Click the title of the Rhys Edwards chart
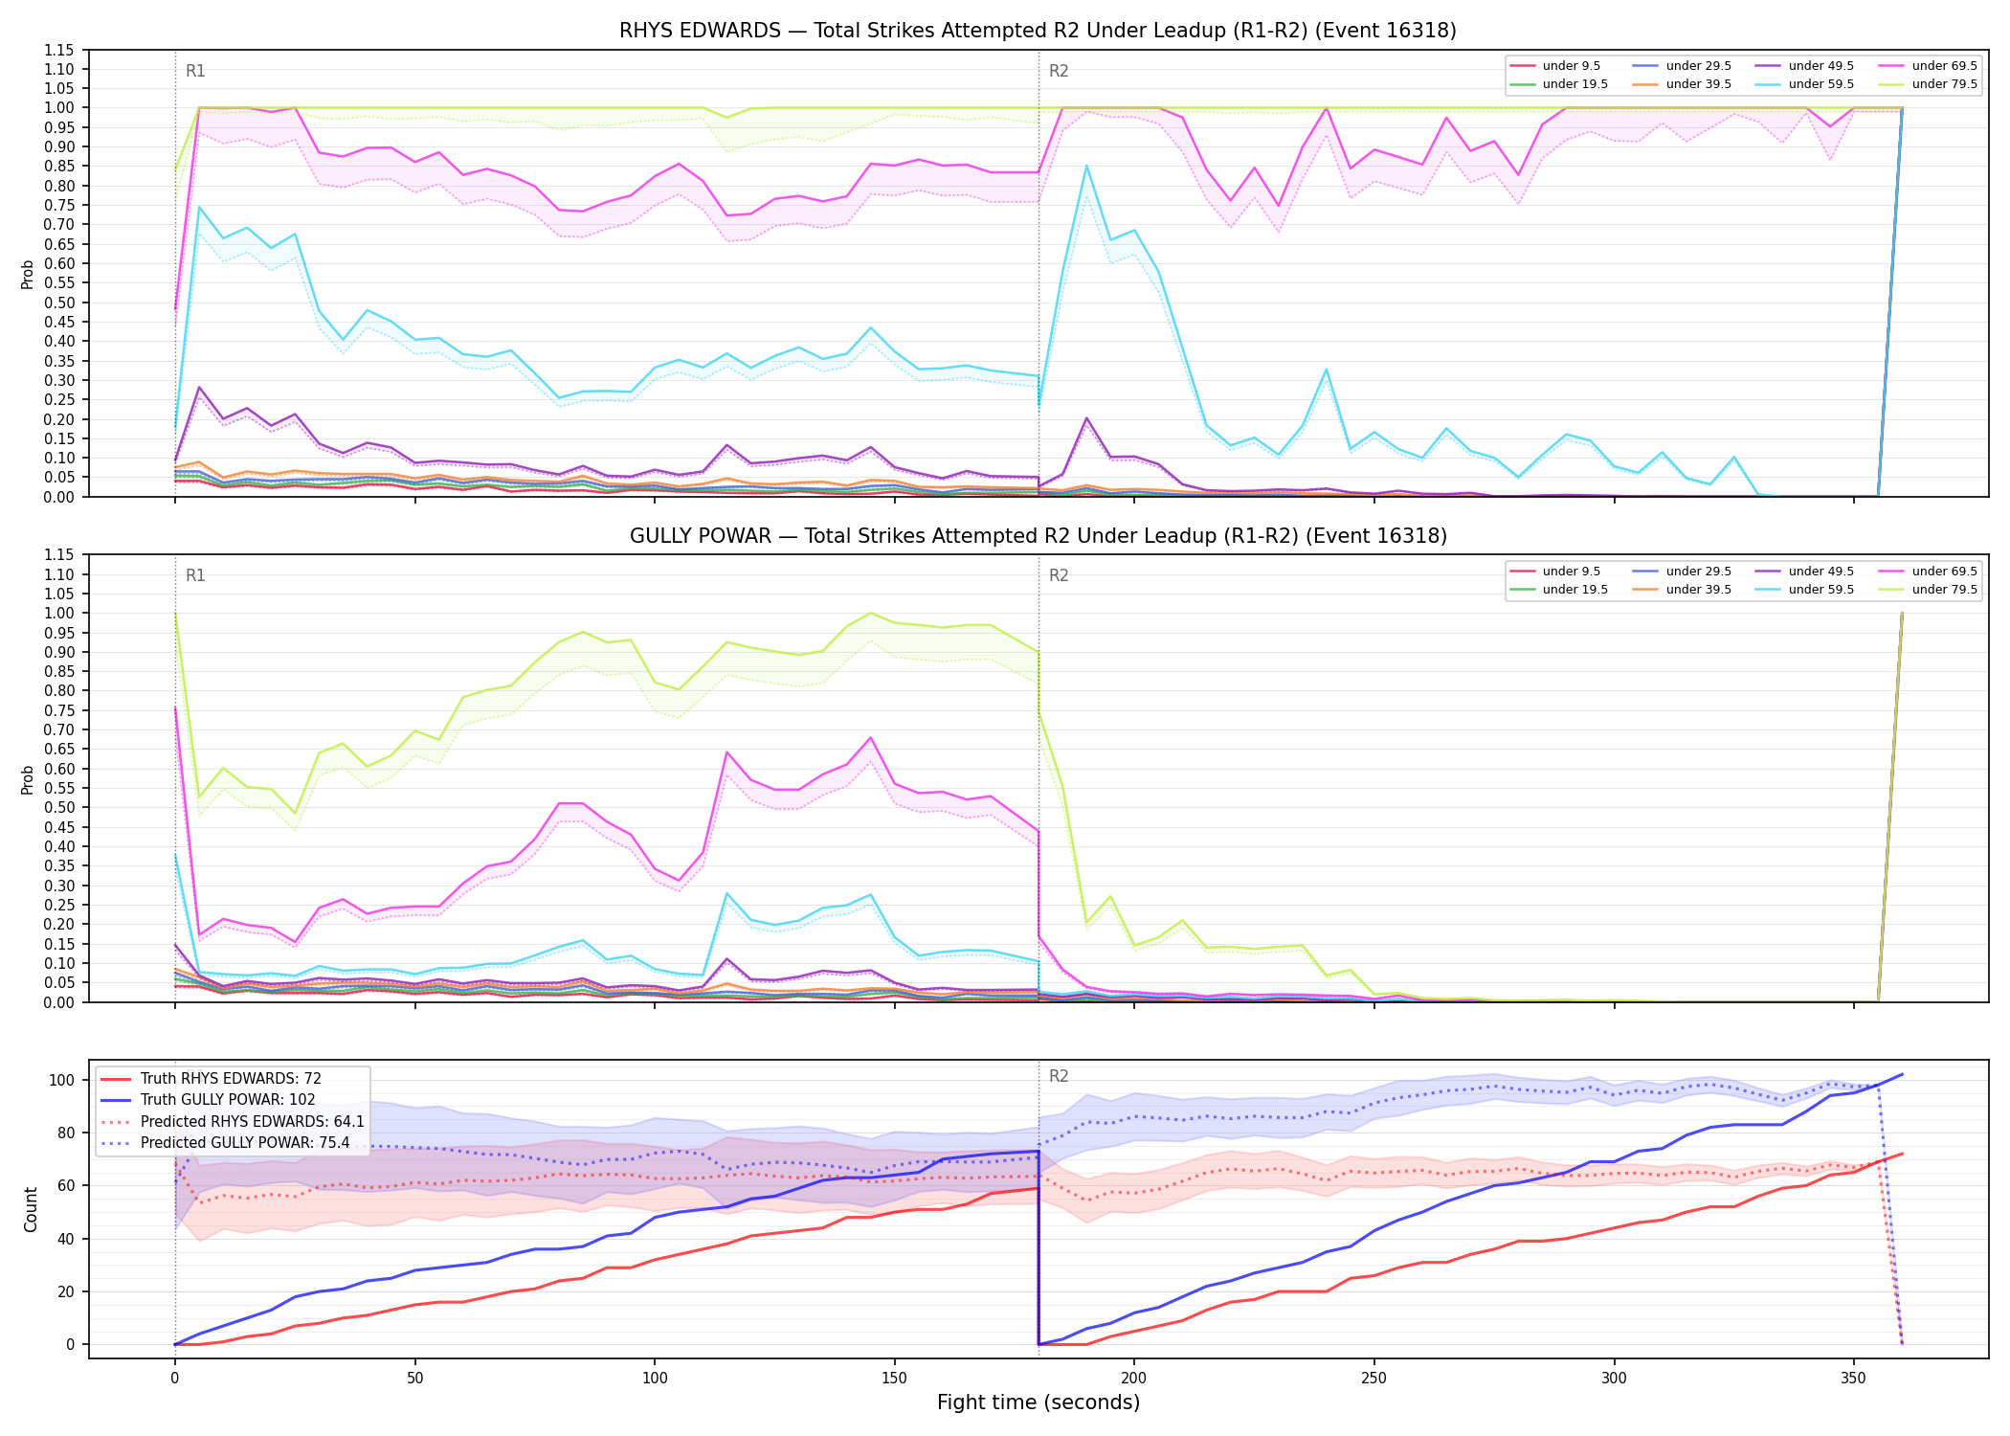pyautogui.click(x=1038, y=31)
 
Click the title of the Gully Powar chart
pyautogui.click(x=1038, y=536)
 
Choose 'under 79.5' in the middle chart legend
pyautogui.click(x=1944, y=590)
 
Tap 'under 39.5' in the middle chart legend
pyautogui.click(x=1698, y=590)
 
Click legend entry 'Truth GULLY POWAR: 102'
pyautogui.click(x=228, y=1100)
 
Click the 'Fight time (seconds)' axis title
pyautogui.click(x=1038, y=1402)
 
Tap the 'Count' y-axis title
pyautogui.click(x=31, y=1209)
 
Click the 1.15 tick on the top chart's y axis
pyautogui.click(x=59, y=50)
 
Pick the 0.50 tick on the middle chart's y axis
pyautogui.click(x=59, y=808)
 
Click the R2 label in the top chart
pyautogui.click(x=1059, y=71)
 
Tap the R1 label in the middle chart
pyautogui.click(x=195, y=575)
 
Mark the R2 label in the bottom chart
pyautogui.click(x=1059, y=1076)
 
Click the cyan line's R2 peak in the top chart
pyautogui.click(x=1086, y=166)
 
